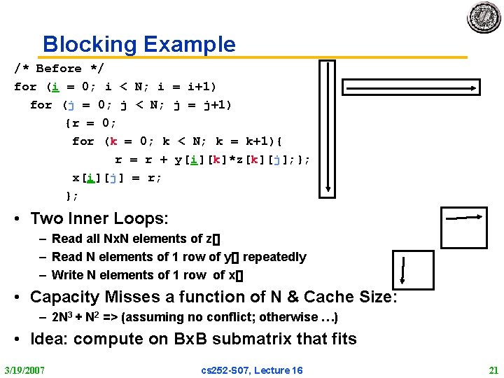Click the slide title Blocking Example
pos(139,45)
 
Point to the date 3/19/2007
pos(24,370)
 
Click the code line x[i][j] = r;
pos(117,178)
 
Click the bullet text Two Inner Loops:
pos(99,219)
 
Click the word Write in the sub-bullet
pos(67,275)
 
